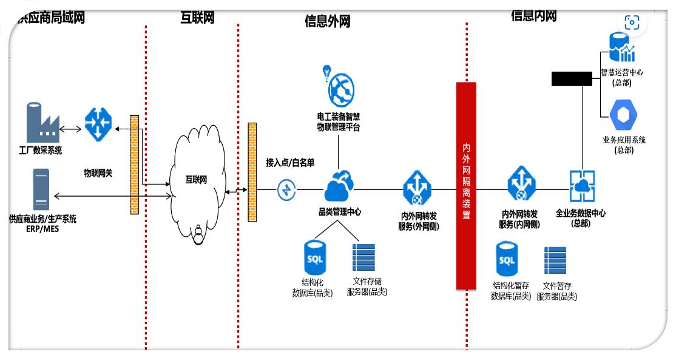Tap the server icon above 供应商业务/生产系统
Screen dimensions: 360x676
41,189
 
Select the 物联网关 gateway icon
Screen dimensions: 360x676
96,124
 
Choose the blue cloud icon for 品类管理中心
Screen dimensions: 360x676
339,187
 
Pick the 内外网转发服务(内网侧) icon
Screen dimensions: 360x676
520,184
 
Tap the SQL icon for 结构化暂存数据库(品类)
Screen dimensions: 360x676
507,260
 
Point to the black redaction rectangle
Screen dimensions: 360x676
571,78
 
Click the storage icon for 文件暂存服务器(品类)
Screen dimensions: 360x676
555,260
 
